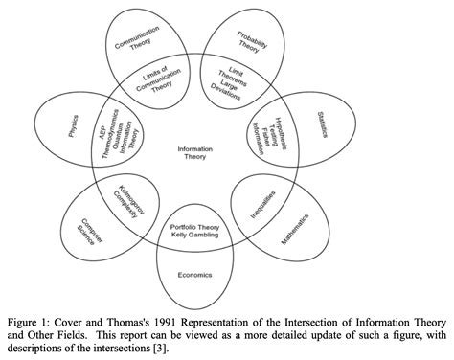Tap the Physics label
[73, 126]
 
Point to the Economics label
[195, 274]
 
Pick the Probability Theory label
[252, 42]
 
